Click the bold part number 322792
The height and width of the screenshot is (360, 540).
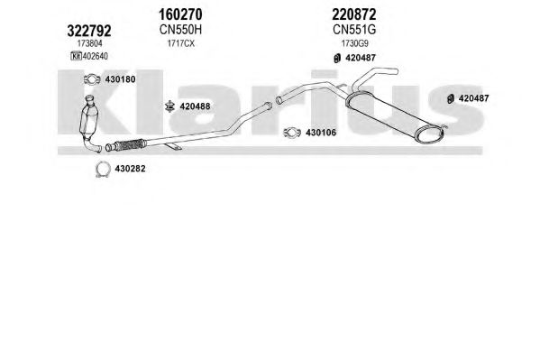[89, 31]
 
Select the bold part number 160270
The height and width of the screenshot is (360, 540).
[180, 14]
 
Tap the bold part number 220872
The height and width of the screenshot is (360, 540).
[354, 14]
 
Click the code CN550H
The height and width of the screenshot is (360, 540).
[180, 30]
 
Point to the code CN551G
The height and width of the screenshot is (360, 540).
[354, 30]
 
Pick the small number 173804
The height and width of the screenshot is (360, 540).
[89, 43]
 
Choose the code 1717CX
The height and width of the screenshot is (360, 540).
[181, 43]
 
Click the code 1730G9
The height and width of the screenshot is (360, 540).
[354, 43]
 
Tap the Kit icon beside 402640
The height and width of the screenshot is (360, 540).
[76, 56]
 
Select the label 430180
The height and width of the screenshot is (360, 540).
[120, 79]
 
